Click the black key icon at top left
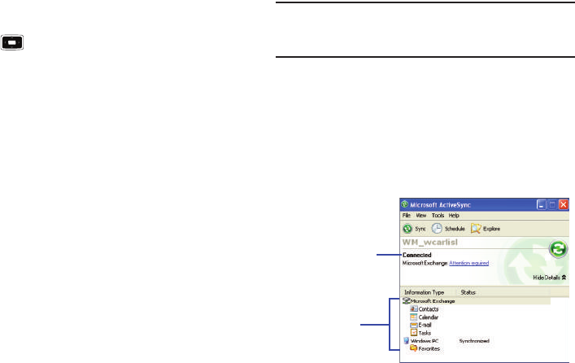point(13,41)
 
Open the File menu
point(406,215)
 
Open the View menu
point(421,215)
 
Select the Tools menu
point(438,215)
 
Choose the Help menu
point(455,215)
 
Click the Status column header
point(468,291)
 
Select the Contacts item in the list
point(426,309)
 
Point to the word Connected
point(417,255)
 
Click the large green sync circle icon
point(557,250)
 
